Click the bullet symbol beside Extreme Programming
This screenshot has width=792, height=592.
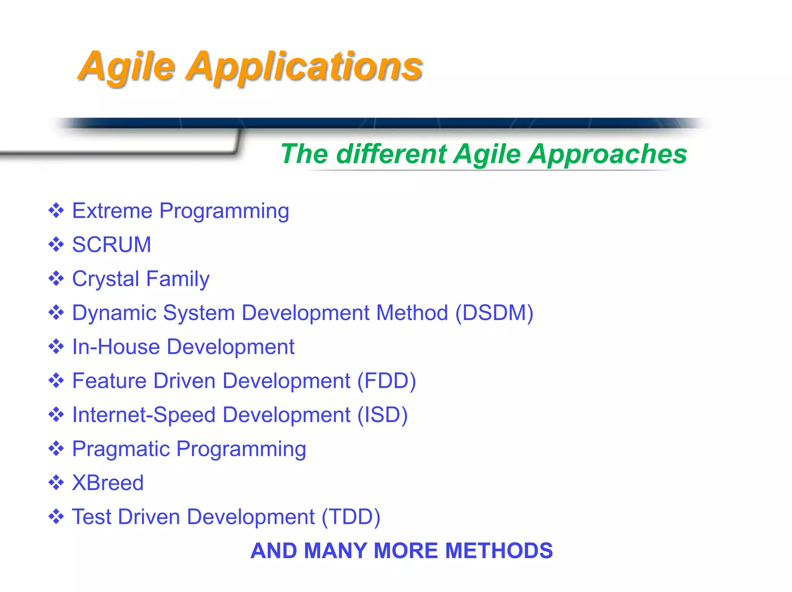tap(56, 211)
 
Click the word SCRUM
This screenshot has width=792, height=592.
tap(112, 245)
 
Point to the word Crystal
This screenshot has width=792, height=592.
tap(106, 279)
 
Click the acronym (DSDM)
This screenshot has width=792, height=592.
tap(494, 313)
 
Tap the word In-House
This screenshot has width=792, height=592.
tap(116, 347)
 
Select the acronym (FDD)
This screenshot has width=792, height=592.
tap(386, 381)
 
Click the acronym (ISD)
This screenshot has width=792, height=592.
tap(382, 415)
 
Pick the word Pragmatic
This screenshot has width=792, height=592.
tap(121, 449)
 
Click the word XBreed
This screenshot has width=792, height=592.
tap(108, 483)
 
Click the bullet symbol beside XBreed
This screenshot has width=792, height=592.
tap(56, 483)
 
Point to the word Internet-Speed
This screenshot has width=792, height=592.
tap(144, 415)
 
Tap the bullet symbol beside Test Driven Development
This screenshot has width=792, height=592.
tap(56, 517)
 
